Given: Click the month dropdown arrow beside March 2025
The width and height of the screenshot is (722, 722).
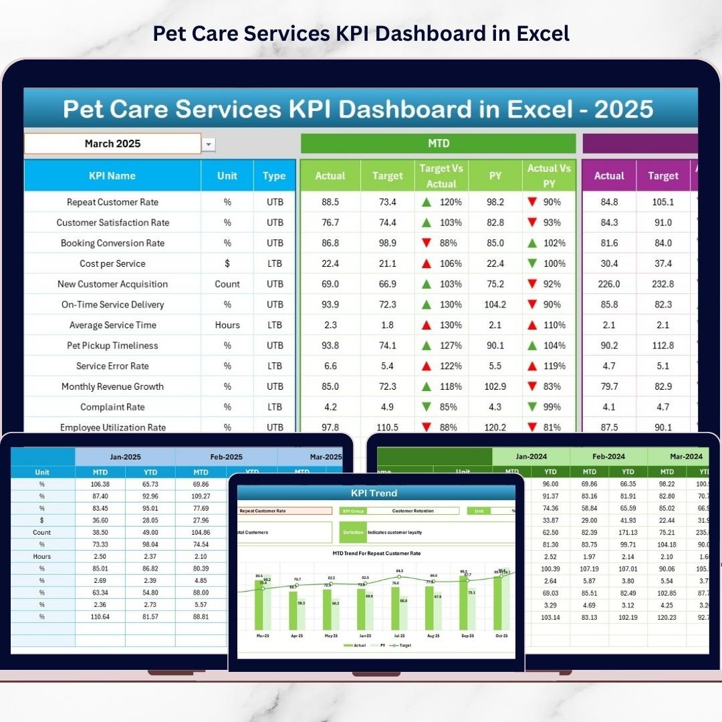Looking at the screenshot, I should point(209,144).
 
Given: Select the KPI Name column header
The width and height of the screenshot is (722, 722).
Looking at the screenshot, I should point(112,176).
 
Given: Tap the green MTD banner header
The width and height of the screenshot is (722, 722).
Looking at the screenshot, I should point(438,144).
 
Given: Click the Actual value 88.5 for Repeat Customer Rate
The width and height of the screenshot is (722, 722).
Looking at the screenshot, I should point(330,202).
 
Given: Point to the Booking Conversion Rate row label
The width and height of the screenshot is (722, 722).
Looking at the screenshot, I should point(112,243).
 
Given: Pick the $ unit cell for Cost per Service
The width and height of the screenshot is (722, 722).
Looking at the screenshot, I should point(227,263).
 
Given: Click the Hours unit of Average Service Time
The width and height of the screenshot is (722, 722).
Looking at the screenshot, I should point(227,325).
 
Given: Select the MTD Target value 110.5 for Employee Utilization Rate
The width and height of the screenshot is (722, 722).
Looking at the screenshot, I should point(388,427).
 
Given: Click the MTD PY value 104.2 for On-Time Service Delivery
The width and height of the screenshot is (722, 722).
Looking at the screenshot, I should point(495,304).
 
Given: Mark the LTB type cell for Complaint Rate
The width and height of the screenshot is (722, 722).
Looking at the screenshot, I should point(274,406).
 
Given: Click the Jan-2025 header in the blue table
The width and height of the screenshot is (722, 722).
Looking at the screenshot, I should point(126,457).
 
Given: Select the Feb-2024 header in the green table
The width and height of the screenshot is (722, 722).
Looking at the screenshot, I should point(608,457).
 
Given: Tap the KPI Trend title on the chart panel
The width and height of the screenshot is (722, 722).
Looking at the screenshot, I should point(374,493).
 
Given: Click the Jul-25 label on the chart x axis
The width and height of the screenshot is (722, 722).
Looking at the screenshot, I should point(400,636).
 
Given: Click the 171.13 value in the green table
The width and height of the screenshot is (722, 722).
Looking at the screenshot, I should point(628,532).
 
